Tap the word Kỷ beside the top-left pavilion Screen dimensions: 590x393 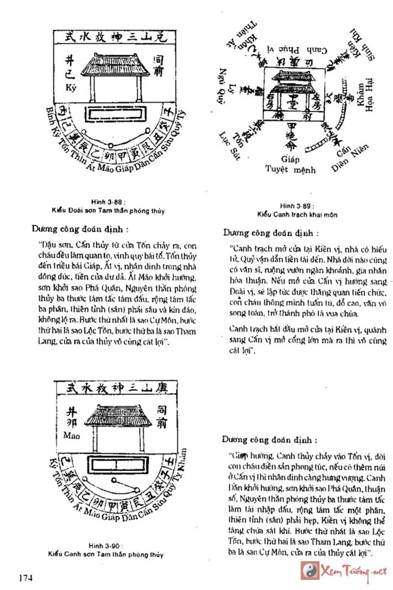[x=69, y=88]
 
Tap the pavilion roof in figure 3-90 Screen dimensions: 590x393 [x=117, y=416]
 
